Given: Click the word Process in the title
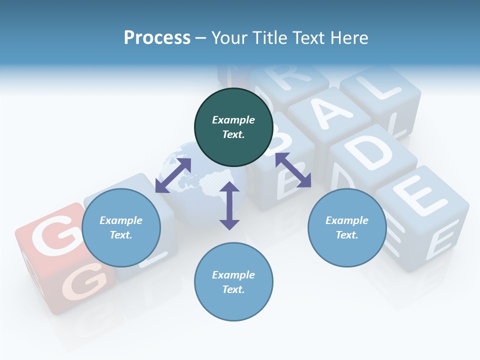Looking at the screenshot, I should point(157,37).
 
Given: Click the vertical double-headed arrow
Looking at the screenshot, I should point(229,205).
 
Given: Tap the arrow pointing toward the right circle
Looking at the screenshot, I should point(293,170).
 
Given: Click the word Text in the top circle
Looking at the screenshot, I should point(233,134).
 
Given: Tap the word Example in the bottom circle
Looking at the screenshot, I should point(233,275).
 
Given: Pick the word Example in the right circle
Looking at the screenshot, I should point(347,220).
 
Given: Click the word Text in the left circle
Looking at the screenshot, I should point(120,235).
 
